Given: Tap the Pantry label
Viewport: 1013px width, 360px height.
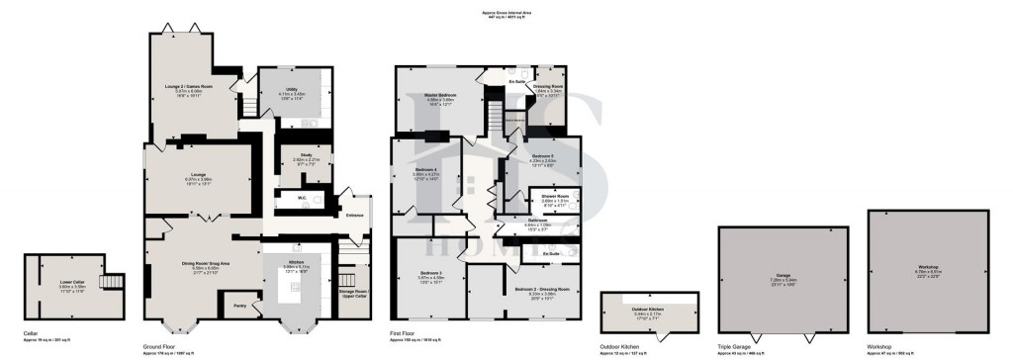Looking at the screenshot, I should click(x=240, y=307).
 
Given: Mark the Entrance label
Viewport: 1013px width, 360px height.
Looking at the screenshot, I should click(x=354, y=215).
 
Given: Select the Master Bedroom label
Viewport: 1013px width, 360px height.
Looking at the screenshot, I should click(x=439, y=94).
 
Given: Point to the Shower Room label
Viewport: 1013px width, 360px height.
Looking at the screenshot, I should click(x=555, y=196).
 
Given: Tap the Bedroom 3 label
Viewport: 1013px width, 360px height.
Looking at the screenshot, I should click(x=428, y=272).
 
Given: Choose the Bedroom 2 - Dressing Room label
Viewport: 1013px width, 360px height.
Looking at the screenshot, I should click(x=538, y=289).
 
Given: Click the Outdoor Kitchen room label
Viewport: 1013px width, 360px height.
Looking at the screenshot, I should click(x=648, y=311).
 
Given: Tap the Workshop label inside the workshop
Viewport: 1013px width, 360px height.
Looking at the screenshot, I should click(x=927, y=267).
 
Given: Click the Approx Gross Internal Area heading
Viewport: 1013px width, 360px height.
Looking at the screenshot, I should click(x=506, y=12).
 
